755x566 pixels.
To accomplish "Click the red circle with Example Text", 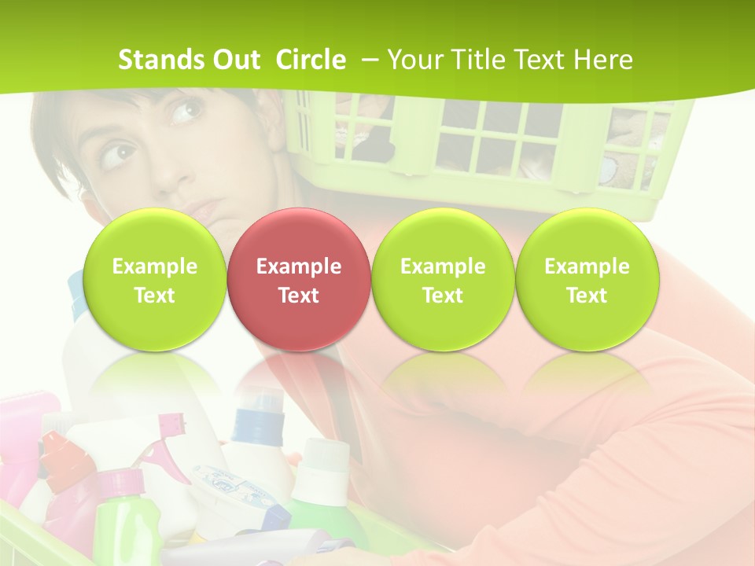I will click(298, 280).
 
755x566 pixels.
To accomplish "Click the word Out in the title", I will click(234, 60).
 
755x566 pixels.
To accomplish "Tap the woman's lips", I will click(202, 210).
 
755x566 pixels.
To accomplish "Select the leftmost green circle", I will click(154, 280).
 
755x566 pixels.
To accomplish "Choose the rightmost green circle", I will click(587, 280).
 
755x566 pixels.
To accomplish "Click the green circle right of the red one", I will click(443, 280).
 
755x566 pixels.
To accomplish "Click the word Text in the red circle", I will click(298, 296).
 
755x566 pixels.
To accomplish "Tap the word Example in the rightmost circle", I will click(587, 266).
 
